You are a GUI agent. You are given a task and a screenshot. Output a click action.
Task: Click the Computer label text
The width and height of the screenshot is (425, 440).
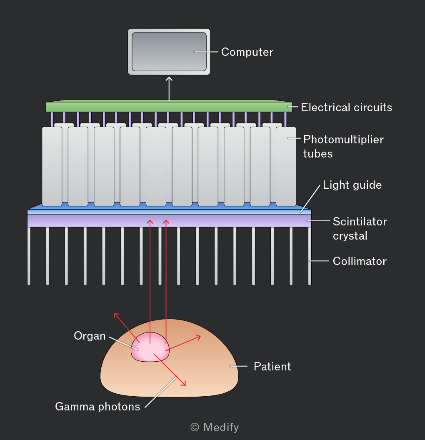[x=247, y=52]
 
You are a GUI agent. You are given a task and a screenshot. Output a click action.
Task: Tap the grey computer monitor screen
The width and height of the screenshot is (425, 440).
[x=169, y=52]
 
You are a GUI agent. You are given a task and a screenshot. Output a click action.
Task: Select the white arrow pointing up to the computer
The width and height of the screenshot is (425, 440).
[x=169, y=88]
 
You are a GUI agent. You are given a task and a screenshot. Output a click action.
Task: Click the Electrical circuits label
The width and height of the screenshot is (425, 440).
[x=346, y=107]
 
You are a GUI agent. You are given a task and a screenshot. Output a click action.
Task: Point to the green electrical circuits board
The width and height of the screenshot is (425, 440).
[x=169, y=106]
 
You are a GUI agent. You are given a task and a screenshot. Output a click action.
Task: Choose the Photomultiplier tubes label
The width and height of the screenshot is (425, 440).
[x=343, y=147]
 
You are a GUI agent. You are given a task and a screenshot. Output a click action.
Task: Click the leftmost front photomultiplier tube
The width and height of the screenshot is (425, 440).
[x=52, y=166]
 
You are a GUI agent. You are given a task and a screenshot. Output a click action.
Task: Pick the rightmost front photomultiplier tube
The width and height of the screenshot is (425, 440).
[x=286, y=166]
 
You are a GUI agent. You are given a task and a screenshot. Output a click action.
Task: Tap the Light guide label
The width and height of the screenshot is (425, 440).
[x=352, y=185]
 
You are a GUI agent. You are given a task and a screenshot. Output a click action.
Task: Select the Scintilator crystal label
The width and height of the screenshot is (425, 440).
[x=360, y=229]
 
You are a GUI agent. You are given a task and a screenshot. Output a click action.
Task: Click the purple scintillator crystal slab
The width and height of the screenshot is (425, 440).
[x=169, y=221]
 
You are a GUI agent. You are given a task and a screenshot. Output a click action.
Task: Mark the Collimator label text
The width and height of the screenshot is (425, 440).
[x=360, y=261]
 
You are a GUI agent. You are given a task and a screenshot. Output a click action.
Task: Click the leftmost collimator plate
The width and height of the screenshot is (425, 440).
[x=29, y=256]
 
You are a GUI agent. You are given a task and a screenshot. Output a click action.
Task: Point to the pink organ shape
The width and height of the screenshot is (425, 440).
[x=150, y=347]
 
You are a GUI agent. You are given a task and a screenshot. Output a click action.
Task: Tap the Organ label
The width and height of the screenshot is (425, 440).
[x=90, y=336]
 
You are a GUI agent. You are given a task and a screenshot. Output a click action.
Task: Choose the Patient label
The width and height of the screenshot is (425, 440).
[x=272, y=367]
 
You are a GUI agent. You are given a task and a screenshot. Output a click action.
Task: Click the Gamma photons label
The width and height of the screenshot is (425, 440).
[x=97, y=407]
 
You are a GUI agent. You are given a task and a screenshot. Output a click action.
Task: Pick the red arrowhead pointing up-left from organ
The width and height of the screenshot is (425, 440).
[x=116, y=315]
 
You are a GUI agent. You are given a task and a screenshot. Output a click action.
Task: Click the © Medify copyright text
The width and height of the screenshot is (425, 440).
[x=215, y=427]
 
